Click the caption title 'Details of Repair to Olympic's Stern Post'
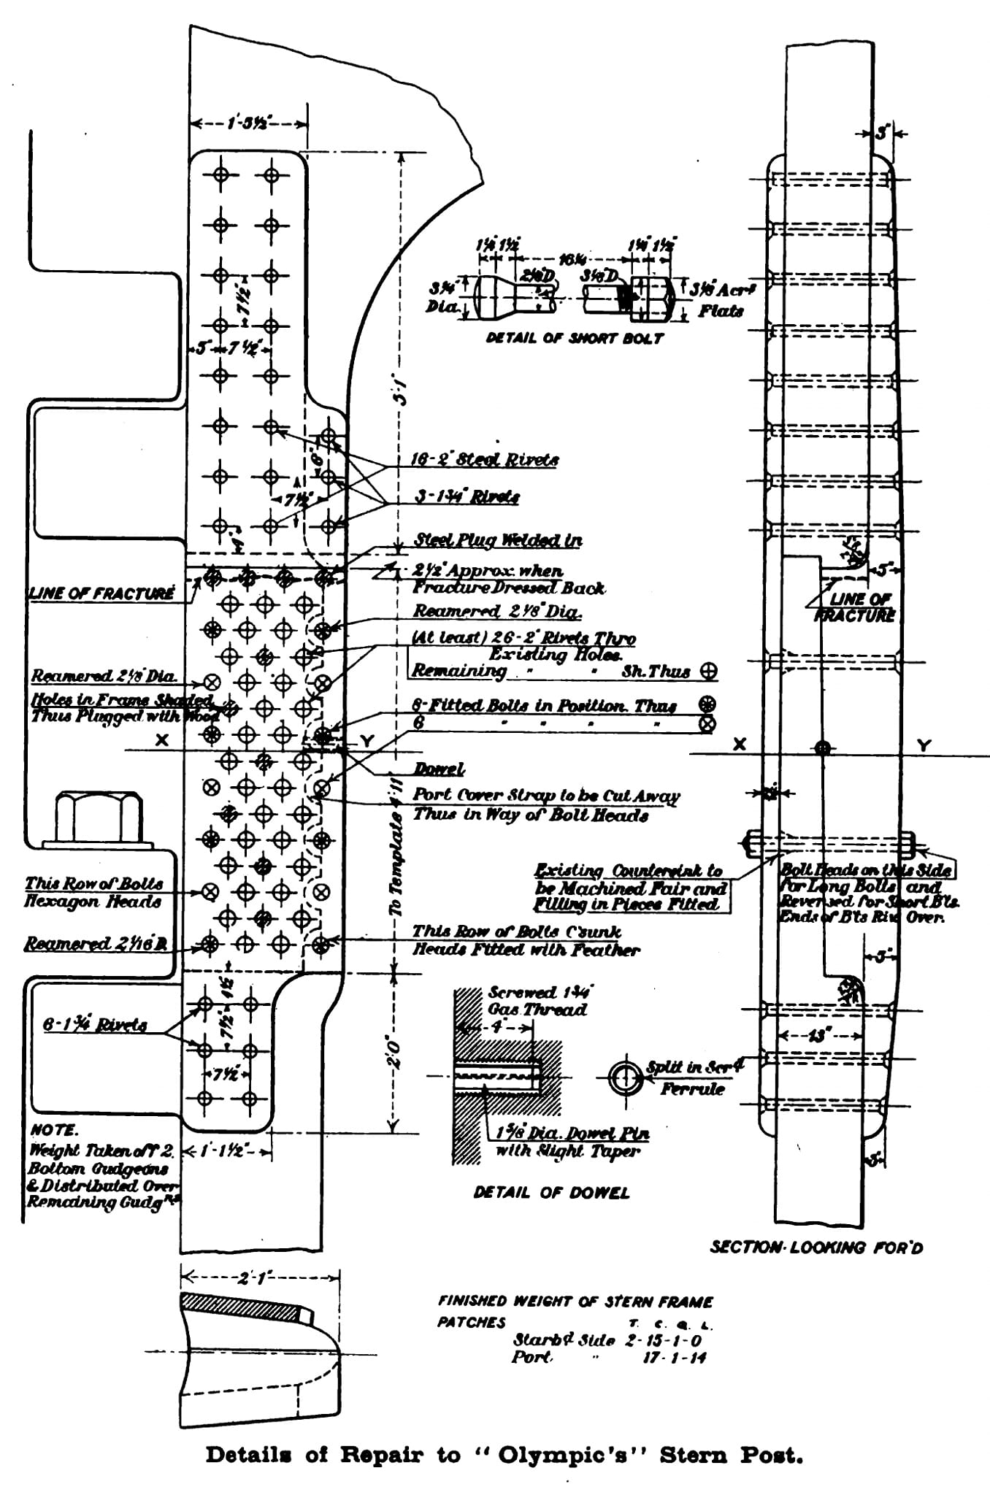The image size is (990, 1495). coord(504,1455)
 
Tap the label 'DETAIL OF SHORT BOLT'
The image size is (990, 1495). coord(575,338)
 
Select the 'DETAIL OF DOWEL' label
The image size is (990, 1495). coord(550,1192)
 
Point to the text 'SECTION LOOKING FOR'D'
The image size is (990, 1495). coord(816,1247)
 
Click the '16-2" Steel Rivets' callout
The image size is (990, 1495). coord(485,460)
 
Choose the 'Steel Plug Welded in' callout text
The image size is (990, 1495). coord(498,540)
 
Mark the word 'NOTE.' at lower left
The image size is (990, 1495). coord(53,1130)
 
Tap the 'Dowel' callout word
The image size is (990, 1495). coord(439,769)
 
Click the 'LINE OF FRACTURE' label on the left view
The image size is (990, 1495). coord(101,593)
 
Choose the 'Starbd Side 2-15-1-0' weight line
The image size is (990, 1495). coord(610,1340)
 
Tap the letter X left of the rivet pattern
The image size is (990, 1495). coord(162,739)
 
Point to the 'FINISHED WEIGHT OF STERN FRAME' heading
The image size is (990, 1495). coord(575,1302)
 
